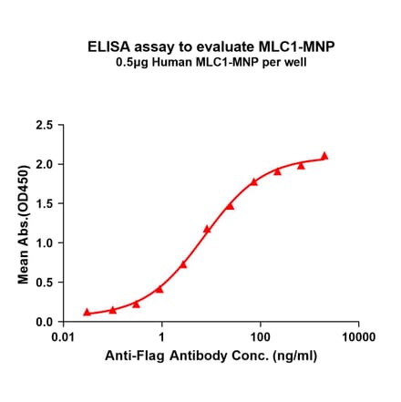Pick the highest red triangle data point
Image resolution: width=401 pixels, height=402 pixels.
324,156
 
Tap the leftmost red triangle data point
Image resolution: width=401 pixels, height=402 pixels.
87,312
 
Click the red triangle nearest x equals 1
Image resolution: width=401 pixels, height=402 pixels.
159,289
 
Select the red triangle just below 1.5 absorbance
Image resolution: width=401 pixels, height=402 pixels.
230,206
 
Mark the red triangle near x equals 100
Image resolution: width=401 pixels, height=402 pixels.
254,181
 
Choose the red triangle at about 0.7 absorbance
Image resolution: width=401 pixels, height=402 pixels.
183,264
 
